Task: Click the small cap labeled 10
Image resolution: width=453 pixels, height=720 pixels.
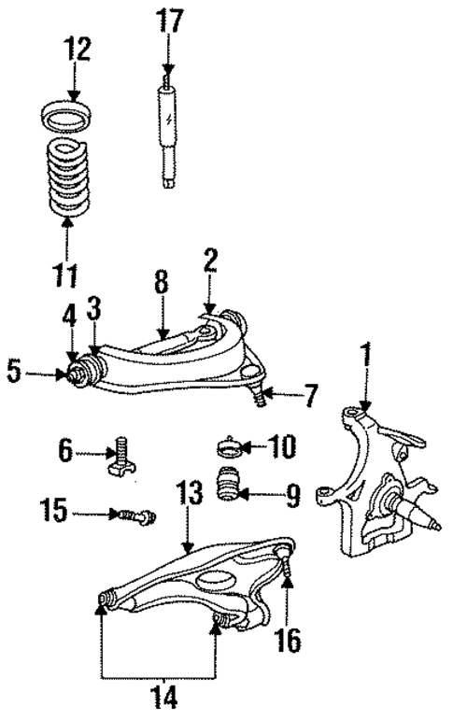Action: pos(231,445)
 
